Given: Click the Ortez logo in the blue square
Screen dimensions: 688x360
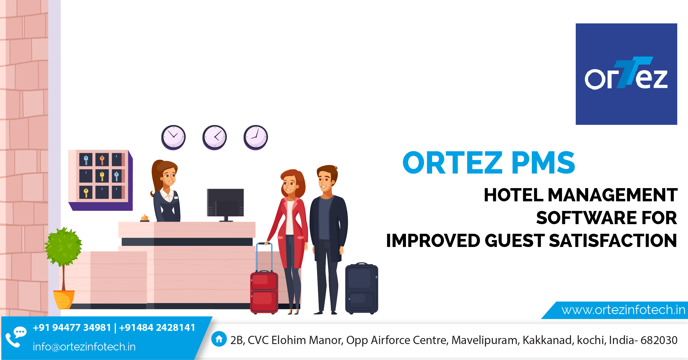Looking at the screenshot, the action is coord(626,74).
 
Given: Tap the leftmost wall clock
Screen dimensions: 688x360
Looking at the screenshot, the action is coord(173,137).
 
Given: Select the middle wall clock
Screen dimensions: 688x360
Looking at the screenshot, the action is coord(214,137).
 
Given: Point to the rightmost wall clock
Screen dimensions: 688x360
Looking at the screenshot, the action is coord(256,137).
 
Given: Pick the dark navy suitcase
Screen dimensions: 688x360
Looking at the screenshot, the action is coord(362,288).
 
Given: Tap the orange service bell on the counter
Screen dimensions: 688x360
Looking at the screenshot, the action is coord(144,218).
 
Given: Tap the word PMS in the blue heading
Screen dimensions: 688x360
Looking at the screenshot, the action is coord(543,163).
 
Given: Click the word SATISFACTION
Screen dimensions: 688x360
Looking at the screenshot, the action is coord(613,241).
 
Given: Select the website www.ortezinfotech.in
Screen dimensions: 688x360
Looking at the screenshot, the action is coord(623,310).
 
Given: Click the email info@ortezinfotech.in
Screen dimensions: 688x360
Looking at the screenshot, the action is coord(84,347).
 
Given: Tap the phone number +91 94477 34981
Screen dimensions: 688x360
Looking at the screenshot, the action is coord(72,328).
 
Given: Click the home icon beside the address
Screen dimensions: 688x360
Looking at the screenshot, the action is coord(219,339).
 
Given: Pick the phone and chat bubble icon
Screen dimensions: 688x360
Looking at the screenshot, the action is coord(16,337).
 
